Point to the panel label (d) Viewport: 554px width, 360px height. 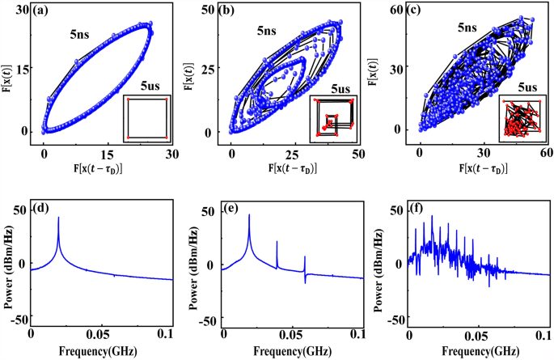[x=45, y=212]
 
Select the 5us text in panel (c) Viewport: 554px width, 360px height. [x=526, y=86]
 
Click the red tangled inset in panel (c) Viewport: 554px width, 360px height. [x=521, y=117]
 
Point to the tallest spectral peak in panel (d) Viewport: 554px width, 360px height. [x=58, y=218]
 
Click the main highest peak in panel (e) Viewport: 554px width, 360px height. [x=249, y=216]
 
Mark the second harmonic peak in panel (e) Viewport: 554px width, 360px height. [x=277, y=243]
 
